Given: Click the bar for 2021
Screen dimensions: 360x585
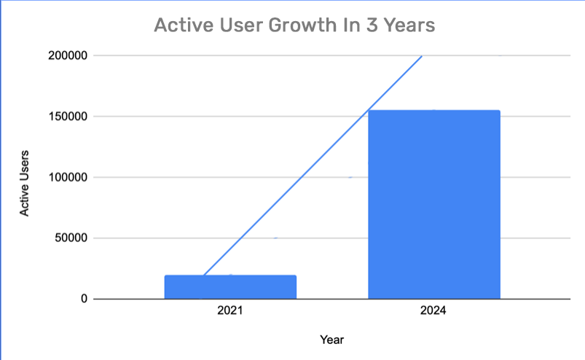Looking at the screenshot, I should [x=230, y=287].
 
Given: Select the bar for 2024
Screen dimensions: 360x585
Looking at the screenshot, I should [x=433, y=205].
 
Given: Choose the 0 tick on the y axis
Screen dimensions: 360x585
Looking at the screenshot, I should [x=85, y=299].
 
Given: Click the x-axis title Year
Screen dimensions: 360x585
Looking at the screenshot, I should [x=331, y=340].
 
